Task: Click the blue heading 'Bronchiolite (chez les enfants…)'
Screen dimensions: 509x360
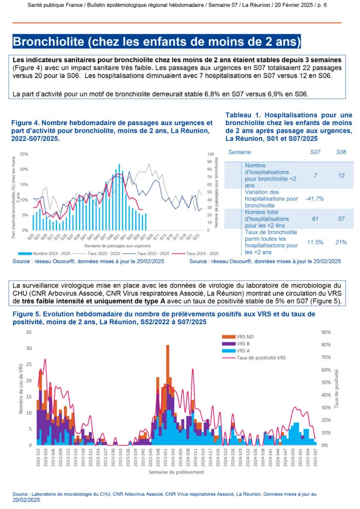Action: (157, 41)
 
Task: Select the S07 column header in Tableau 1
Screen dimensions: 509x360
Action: (315, 152)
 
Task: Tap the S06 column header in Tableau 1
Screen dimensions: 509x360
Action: (341, 152)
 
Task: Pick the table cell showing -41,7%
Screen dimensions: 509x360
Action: (315, 199)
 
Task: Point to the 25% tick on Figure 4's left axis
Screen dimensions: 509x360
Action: (24, 154)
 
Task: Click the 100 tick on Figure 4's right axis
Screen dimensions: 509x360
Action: (211, 154)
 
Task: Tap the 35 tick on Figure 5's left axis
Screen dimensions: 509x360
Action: (29, 332)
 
